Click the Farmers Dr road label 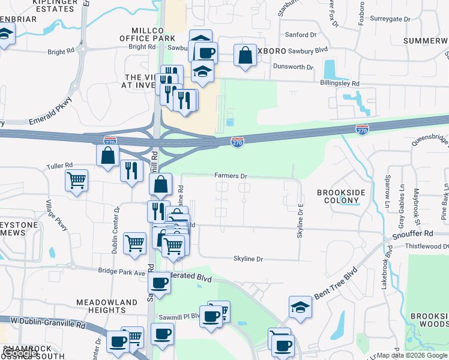[231, 176]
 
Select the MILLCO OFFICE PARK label [146, 34]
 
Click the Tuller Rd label [59, 165]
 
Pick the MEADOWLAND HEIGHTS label [101, 305]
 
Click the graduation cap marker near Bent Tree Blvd [300, 307]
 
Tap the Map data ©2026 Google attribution [412, 355]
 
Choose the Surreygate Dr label [390, 19]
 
